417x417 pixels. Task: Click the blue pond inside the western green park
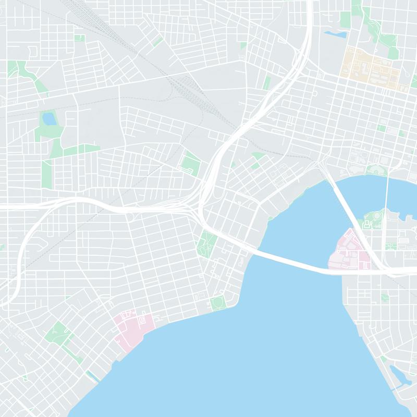[50, 119]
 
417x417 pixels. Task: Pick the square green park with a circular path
[218, 303]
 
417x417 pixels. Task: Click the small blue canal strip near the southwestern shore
[92, 375]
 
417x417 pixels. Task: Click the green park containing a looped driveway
[190, 163]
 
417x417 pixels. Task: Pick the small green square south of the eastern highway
[385, 298]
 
